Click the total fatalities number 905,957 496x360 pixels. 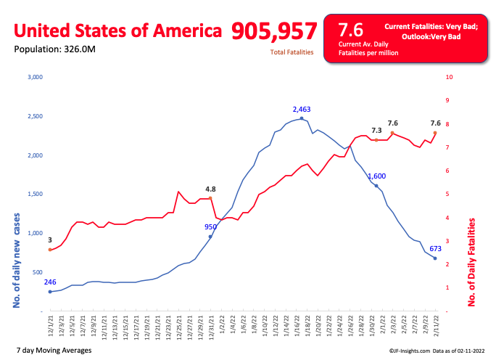pyautogui.click(x=274, y=31)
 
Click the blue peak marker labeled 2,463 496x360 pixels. pyautogui.click(x=302, y=118)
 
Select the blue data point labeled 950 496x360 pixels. pyautogui.click(x=210, y=237)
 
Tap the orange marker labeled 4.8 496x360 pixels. pyautogui.click(x=210, y=198)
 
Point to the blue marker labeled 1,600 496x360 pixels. pyautogui.click(x=376, y=186)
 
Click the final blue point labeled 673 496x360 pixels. pyautogui.click(x=435, y=258)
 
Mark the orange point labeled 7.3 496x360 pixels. pyautogui.click(x=376, y=140)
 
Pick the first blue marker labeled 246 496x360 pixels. pyautogui.click(x=50, y=292)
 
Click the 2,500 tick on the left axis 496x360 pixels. pyautogui.click(x=35, y=116)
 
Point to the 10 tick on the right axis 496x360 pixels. pyautogui.click(x=449, y=77)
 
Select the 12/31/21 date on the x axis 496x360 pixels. pyautogui.click(x=211, y=327)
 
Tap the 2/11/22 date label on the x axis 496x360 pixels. pyautogui.click(x=436, y=326)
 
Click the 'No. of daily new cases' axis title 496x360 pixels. pyautogui.click(x=16, y=261)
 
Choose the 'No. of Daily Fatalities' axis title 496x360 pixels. pyautogui.click(x=471, y=262)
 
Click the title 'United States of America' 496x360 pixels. pyautogui.click(x=117, y=30)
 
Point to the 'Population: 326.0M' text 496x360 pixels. pyautogui.click(x=54, y=49)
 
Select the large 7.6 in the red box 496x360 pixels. pyautogui.click(x=351, y=30)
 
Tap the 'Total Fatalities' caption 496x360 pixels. pyautogui.click(x=292, y=52)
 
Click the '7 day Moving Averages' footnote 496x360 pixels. pyautogui.click(x=54, y=350)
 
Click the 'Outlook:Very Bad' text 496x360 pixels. pyautogui.click(x=431, y=37)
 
